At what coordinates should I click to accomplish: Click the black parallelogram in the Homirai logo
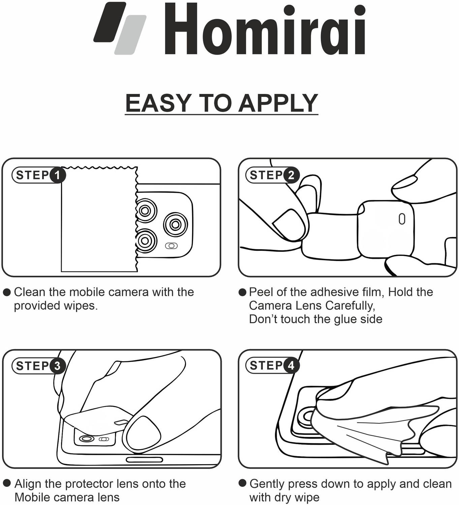pyautogui.click(x=110, y=22)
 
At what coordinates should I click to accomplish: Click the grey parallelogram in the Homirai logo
pyautogui.click(x=130, y=35)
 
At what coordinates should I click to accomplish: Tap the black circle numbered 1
pyautogui.click(x=58, y=175)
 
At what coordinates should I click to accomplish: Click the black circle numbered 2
pyautogui.click(x=292, y=175)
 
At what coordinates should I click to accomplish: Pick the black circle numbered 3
pyautogui.click(x=58, y=366)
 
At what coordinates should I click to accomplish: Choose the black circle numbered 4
pyautogui.click(x=292, y=366)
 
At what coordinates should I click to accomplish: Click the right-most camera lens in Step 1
pyautogui.click(x=176, y=224)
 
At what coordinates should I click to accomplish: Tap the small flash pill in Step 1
pyautogui.click(x=172, y=246)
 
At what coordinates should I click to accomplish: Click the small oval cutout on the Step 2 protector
pyautogui.click(x=402, y=219)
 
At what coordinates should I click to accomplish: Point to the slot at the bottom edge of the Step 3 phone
pyautogui.click(x=145, y=460)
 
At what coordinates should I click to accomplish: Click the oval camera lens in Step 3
pyautogui.click(x=87, y=439)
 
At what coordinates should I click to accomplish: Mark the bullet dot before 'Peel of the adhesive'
pyautogui.click(x=242, y=292)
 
